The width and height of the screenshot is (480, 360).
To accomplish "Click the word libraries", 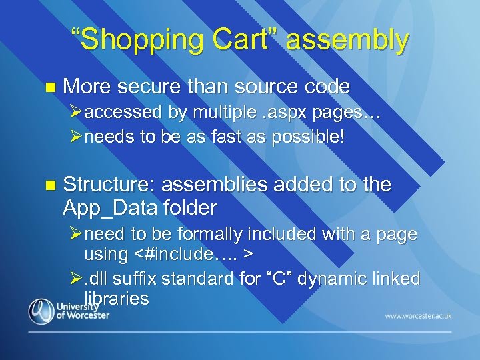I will tap(116, 297).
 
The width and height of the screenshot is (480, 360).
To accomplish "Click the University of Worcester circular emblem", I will tap(41, 311).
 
